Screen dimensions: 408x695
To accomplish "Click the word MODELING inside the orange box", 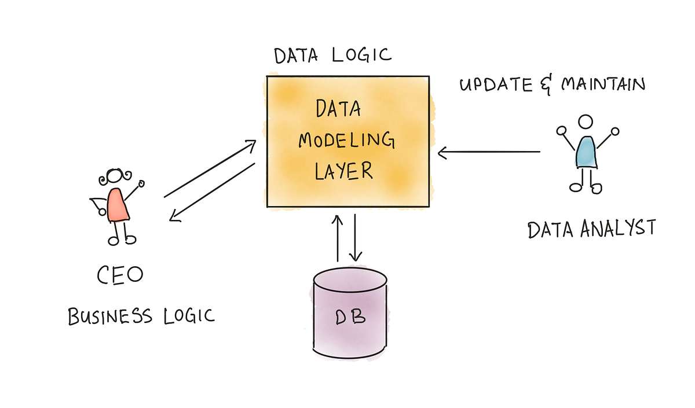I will pyautogui.click(x=347, y=141).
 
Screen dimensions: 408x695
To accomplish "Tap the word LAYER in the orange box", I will pyautogui.click(x=343, y=170).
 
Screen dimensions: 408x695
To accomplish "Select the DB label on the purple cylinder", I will pyautogui.click(x=350, y=318).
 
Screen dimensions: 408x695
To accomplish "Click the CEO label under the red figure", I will pyautogui.click(x=119, y=274).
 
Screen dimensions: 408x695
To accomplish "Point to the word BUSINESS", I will pyautogui.click(x=110, y=317).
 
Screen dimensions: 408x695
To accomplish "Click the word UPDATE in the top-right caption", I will pyautogui.click(x=496, y=85).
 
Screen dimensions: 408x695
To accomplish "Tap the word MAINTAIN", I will pyautogui.click(x=603, y=84).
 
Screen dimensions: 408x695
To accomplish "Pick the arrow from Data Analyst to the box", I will pyautogui.click(x=489, y=153).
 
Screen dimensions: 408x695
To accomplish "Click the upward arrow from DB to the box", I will pyautogui.click(x=336, y=237).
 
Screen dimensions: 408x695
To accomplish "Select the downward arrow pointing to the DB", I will pyautogui.click(x=355, y=237).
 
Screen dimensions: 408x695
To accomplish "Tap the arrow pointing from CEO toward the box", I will pyautogui.click(x=210, y=168).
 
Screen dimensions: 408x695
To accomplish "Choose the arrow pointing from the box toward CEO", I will pyautogui.click(x=211, y=192).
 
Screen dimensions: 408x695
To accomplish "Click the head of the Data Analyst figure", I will pyautogui.click(x=586, y=122).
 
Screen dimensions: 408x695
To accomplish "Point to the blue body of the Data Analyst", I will pyautogui.click(x=586, y=152).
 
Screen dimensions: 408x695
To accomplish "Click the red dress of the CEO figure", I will pyautogui.click(x=118, y=205).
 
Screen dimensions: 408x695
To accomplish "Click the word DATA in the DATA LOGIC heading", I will pyautogui.click(x=297, y=56).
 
